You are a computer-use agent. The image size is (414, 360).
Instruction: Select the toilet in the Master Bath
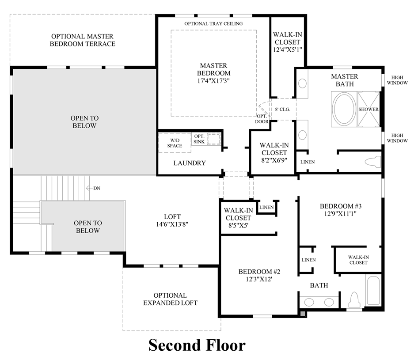[x=373, y=162]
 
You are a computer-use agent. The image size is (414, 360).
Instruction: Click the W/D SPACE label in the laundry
[x=174, y=143]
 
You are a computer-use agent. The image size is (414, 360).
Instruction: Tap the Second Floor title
[x=197, y=345]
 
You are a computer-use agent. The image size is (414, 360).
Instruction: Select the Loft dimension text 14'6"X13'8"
[x=172, y=224]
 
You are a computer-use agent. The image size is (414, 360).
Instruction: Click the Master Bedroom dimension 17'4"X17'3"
[x=215, y=81]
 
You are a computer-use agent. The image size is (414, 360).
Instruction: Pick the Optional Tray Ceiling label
[x=213, y=23]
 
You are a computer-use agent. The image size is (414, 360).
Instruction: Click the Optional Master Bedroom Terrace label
[x=82, y=40]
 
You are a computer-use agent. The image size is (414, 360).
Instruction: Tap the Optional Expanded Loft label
[x=170, y=299]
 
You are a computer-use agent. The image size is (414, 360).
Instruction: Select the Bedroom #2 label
[x=259, y=271]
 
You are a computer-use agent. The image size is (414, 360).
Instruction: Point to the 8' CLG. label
[x=282, y=109]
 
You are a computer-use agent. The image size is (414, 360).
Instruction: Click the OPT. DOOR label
[x=262, y=119]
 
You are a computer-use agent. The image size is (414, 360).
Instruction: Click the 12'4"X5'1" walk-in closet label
[x=287, y=50]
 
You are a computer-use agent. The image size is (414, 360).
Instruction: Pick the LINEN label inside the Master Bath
[x=308, y=162]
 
